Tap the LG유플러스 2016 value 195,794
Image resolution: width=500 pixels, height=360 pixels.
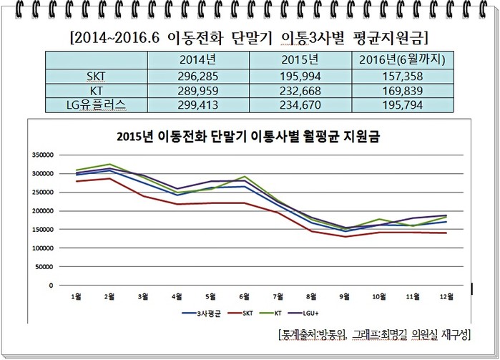point(403,104)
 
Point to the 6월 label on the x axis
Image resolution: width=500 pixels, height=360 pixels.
point(244,296)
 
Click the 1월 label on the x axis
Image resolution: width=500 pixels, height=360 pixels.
point(76,296)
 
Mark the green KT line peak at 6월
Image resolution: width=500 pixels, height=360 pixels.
point(244,176)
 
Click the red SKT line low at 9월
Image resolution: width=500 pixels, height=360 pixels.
point(345,237)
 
